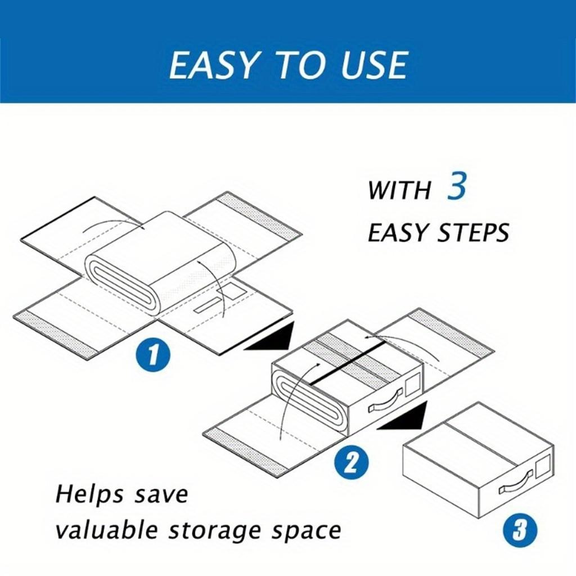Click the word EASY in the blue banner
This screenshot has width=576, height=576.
(213, 65)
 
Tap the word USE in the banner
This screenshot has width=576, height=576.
(374, 65)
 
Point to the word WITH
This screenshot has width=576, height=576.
(399, 190)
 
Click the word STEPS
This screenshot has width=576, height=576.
(473, 232)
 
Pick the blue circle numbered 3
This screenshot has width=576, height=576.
(519, 530)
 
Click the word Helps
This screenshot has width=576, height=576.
(89, 494)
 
